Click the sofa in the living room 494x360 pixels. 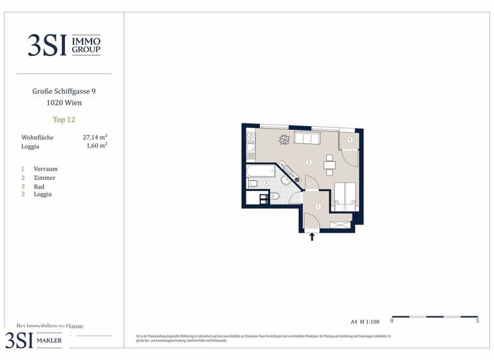307,138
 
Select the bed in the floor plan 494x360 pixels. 346,195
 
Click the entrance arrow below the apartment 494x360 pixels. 312,237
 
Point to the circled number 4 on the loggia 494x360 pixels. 350,139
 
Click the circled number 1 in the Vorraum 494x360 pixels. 318,207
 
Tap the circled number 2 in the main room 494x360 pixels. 309,162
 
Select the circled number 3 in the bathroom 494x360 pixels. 266,183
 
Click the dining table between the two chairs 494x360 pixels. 329,165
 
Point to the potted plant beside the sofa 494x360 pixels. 284,139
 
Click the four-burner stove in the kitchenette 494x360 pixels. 250,137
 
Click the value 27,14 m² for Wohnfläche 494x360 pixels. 95,138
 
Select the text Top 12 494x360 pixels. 64,120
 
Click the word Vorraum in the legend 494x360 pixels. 46,169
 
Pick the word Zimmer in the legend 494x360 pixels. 44,177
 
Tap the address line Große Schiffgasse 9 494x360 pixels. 64,91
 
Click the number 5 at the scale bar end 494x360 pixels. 477,321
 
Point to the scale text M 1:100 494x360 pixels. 370,321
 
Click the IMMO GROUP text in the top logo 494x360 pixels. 86,44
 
